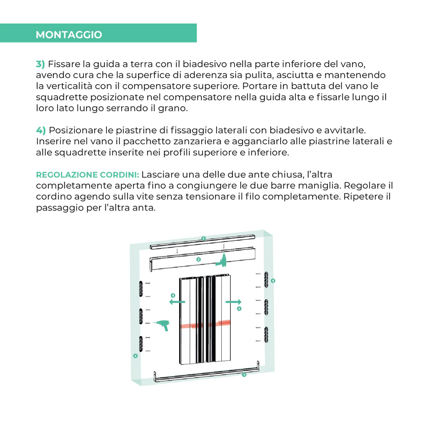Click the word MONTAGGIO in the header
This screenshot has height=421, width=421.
68,35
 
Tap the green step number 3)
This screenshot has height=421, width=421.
40,64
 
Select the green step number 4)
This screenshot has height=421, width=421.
41,130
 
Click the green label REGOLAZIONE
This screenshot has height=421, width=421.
67,175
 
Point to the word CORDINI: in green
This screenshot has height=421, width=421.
120,175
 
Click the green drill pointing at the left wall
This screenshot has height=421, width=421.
162,324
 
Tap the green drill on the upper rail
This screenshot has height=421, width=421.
222,260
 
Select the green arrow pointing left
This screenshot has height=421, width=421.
177,302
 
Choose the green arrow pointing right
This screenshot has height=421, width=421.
234,302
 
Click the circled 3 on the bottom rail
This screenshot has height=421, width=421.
244,374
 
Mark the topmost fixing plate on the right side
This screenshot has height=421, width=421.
266,280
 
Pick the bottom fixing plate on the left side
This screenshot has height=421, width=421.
141,344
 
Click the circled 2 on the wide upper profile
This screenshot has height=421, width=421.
198,259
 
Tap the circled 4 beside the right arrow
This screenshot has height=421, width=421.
239,309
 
